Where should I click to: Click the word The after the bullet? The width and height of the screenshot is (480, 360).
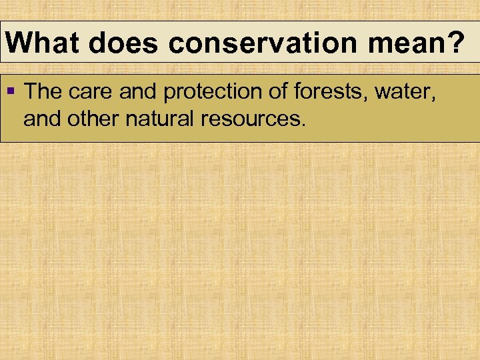pos(44,92)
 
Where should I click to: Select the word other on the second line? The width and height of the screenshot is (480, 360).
pos(91,120)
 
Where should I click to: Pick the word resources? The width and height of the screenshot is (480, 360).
pos(252,120)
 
